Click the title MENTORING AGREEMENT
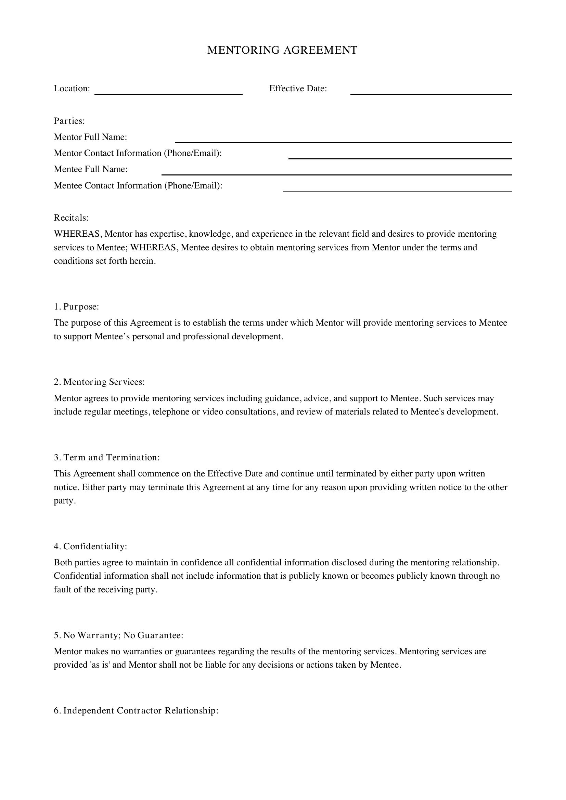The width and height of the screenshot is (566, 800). [282, 50]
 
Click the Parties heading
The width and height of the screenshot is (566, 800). [69, 121]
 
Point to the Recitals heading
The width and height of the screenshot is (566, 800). [71, 218]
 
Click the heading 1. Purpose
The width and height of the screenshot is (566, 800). [76, 306]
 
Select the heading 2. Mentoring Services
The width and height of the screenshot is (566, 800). [99, 382]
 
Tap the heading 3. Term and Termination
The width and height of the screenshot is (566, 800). [107, 458]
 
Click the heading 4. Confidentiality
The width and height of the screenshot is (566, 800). [91, 546]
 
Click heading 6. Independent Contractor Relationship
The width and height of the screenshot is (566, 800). [136, 710]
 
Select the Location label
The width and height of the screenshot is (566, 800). [72, 89]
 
